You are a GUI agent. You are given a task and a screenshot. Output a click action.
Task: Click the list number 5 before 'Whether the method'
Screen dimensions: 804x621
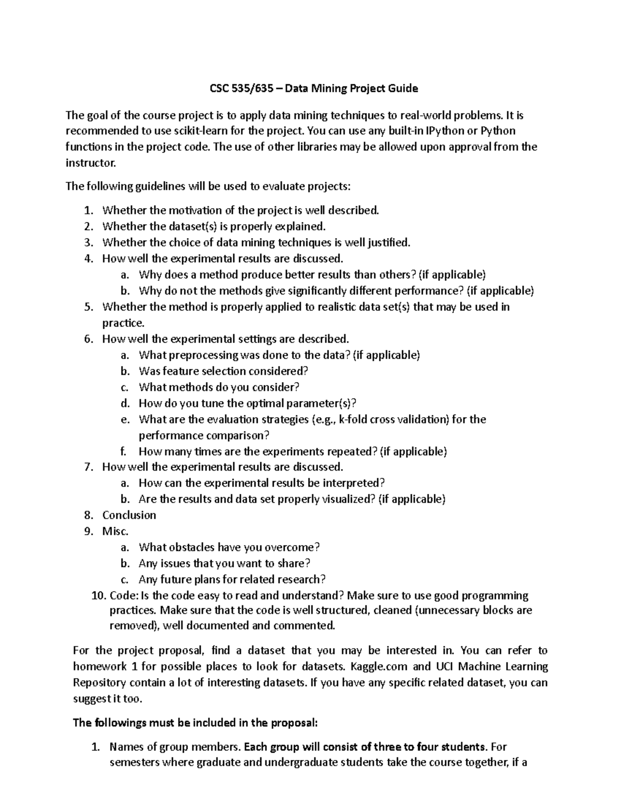[88, 307]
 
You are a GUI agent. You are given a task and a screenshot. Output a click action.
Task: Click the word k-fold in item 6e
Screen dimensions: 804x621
[352, 419]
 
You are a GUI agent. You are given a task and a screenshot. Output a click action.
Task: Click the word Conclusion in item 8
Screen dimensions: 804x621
[129, 515]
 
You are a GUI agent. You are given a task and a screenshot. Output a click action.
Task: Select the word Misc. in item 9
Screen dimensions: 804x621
[115, 531]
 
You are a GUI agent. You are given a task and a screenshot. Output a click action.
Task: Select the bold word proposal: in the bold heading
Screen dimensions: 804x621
[291, 723]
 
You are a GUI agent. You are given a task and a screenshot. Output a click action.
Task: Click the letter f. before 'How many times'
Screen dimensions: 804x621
[123, 451]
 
